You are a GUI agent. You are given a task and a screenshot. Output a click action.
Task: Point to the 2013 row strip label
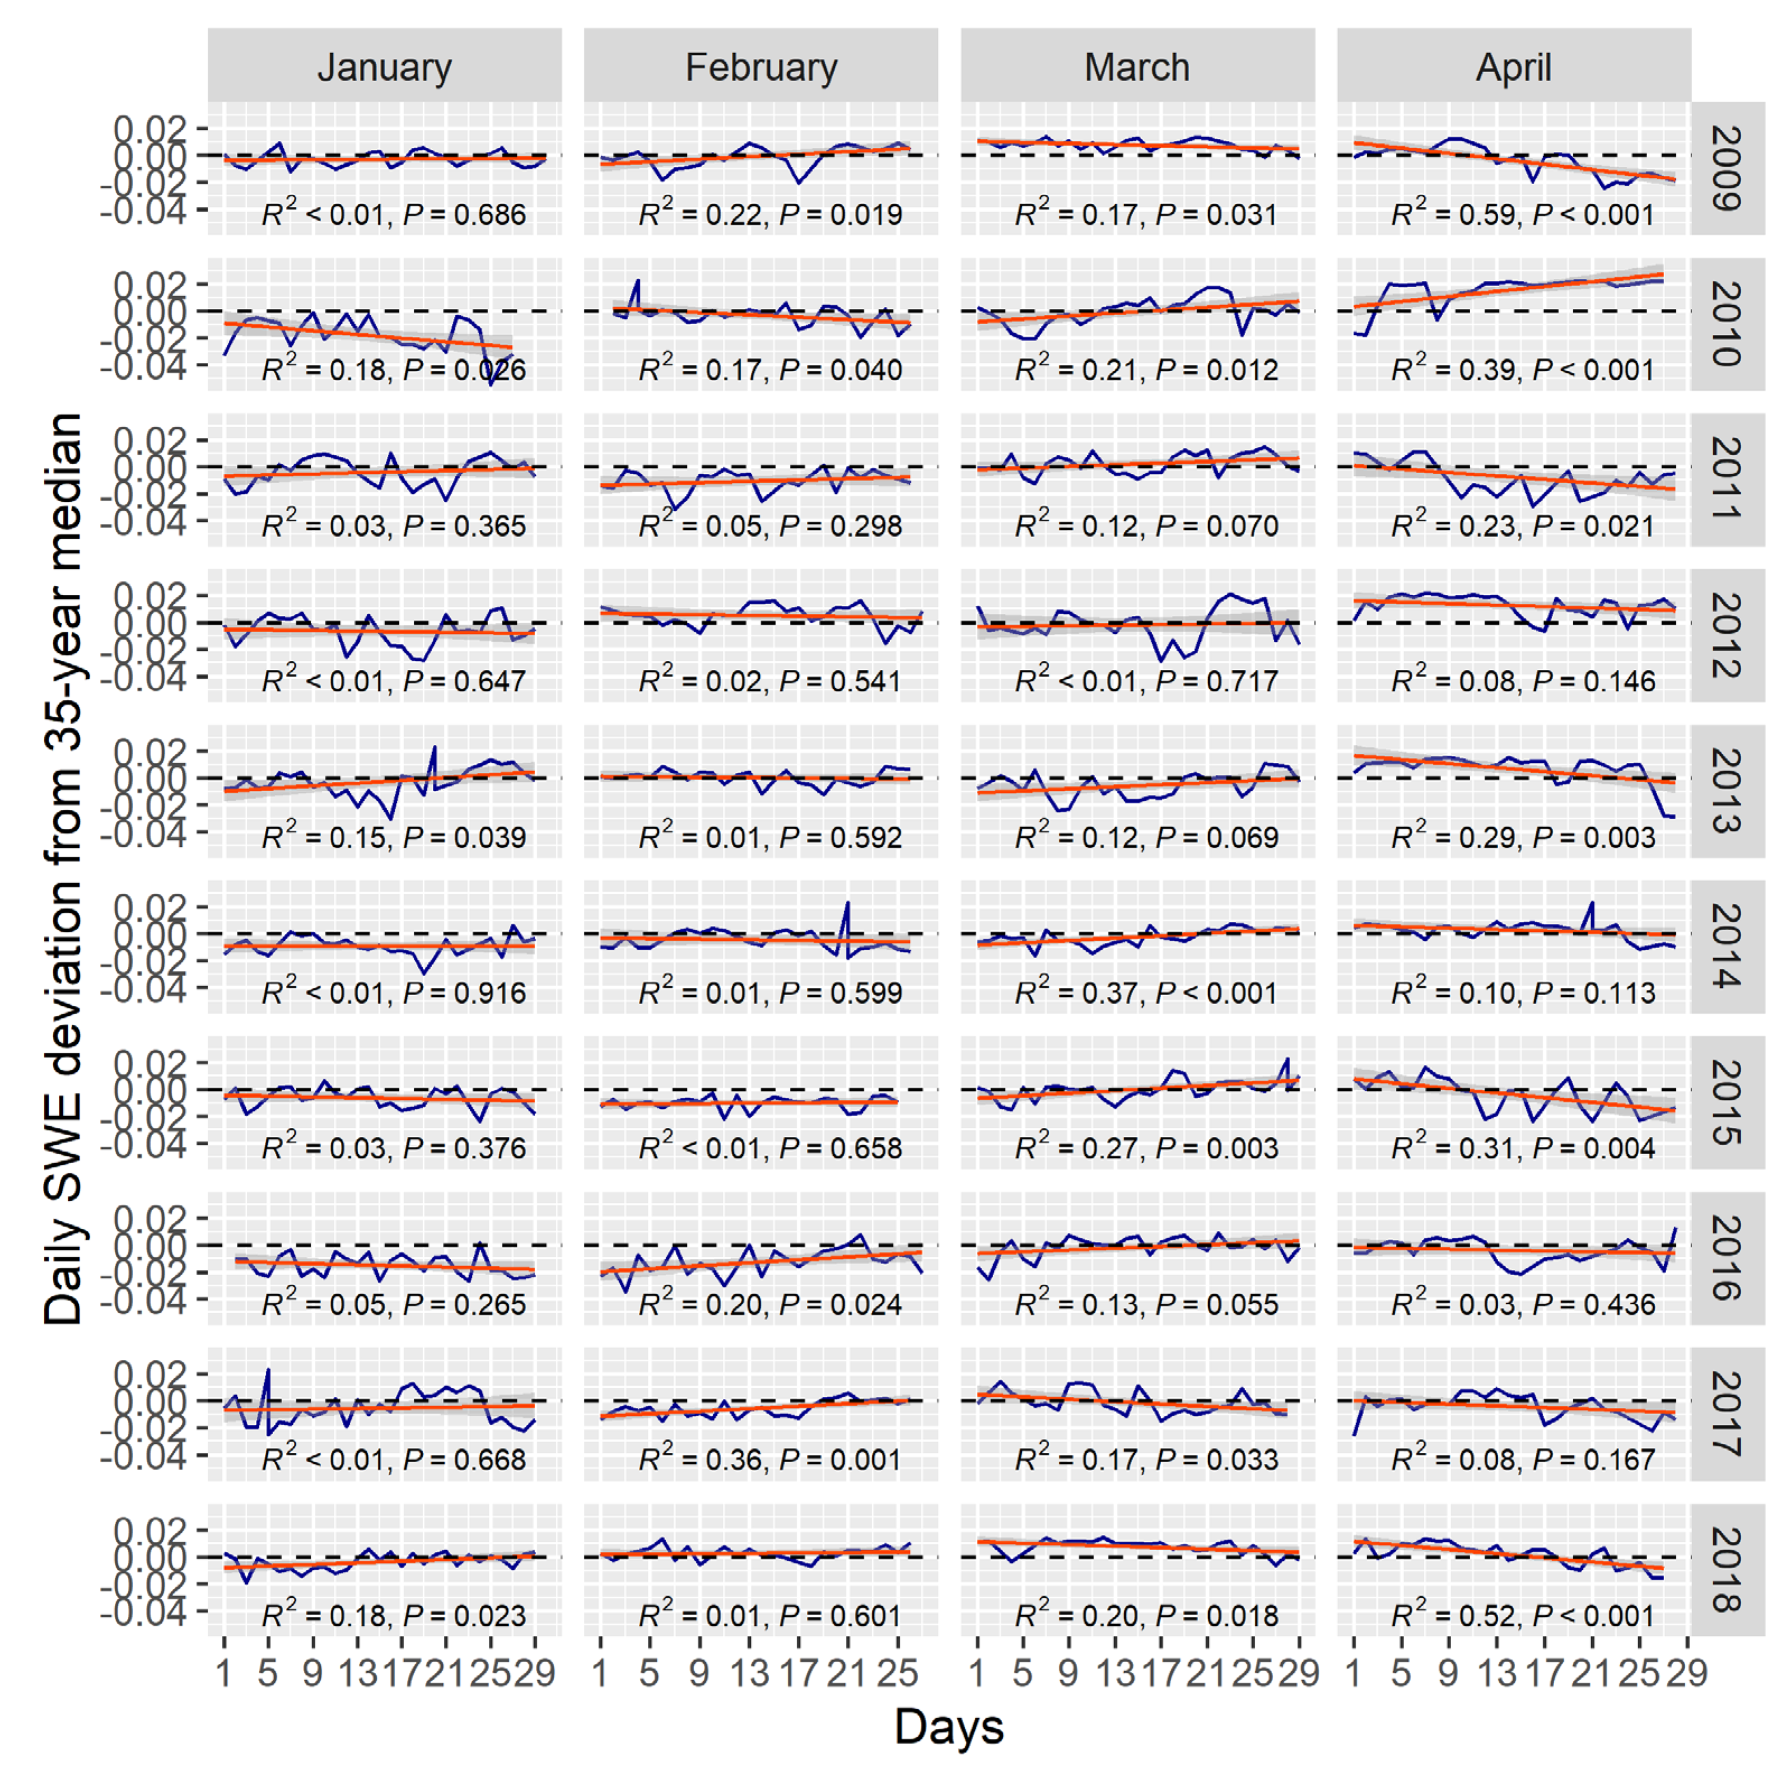click(x=1727, y=791)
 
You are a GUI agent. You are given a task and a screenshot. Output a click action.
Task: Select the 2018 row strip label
click(x=1727, y=1569)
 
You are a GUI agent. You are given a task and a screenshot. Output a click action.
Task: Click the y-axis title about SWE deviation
click(x=63, y=869)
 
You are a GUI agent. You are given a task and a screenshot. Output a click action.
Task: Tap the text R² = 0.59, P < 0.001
click(x=1522, y=214)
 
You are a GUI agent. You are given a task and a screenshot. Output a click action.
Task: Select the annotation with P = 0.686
click(x=394, y=214)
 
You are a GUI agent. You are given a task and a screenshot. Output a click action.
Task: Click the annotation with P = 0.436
click(x=1522, y=1304)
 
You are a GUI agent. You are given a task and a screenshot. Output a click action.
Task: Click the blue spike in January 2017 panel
click(x=268, y=1373)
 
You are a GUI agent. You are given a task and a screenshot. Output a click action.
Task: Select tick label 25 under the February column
click(x=897, y=1672)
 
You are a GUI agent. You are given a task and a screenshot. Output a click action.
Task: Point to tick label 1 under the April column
click(x=1353, y=1672)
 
